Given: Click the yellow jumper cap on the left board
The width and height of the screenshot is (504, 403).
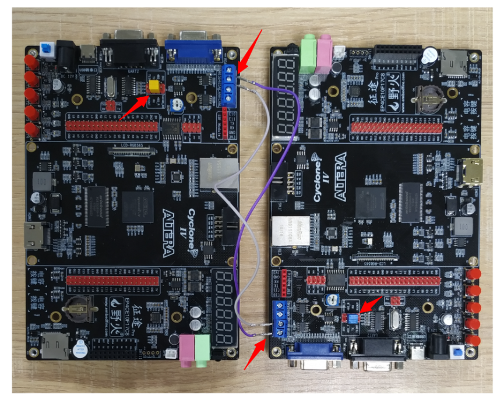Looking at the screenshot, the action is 155,87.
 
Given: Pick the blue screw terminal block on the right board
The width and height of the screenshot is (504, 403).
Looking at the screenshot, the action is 279,321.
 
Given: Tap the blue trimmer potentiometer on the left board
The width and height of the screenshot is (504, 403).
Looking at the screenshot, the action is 175,105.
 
